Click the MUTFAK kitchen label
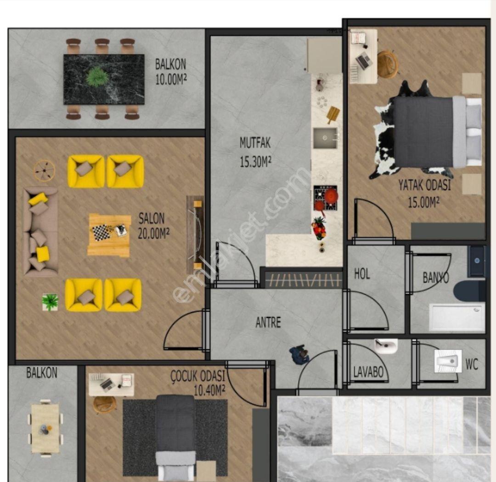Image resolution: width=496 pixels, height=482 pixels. pyautogui.click(x=255, y=143)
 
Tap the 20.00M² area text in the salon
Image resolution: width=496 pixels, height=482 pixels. pyautogui.click(x=153, y=233)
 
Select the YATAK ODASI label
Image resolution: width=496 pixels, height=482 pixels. pyautogui.click(x=424, y=185)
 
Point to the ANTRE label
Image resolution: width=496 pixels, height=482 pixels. pyautogui.click(x=268, y=323)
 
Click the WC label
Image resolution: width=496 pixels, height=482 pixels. pyautogui.click(x=472, y=364)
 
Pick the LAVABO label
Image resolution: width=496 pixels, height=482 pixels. pyautogui.click(x=368, y=372)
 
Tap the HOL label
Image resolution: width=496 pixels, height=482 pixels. pyautogui.click(x=362, y=274)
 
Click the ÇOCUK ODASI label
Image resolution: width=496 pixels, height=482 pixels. pyautogui.click(x=197, y=376)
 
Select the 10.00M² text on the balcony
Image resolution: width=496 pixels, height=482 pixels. pyautogui.click(x=171, y=79)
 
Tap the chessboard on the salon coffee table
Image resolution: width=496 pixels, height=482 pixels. pyautogui.click(x=101, y=232)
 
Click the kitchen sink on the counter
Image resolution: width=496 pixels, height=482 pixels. pyautogui.click(x=325, y=138)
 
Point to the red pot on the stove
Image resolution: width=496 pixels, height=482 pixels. pyautogui.click(x=330, y=196)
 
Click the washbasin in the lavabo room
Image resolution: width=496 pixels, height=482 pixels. pyautogui.click(x=386, y=346)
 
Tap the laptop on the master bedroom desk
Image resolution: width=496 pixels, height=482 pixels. pyautogui.click(x=364, y=61)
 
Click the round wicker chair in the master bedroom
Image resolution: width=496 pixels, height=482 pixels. pyautogui.click(x=388, y=64)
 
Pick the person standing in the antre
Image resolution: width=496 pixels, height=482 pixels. pyautogui.click(x=299, y=355)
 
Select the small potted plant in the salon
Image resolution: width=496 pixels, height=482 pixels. pyautogui.click(x=50, y=302)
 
